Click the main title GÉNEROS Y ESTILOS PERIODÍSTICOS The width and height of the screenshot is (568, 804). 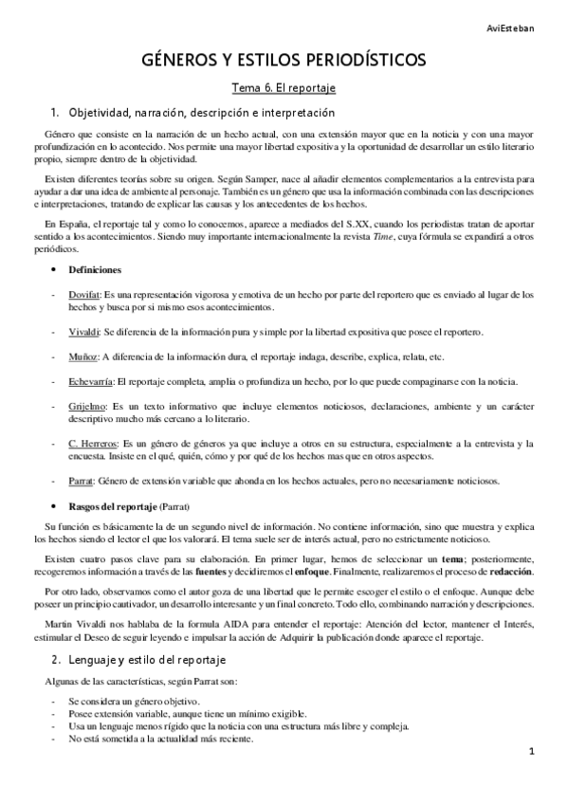(x=284, y=61)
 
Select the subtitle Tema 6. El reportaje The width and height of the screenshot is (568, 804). (x=284, y=88)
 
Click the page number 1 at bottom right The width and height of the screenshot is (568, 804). (x=533, y=752)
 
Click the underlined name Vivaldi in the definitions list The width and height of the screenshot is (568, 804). (x=82, y=332)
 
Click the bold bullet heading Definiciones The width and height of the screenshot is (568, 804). (x=94, y=270)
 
